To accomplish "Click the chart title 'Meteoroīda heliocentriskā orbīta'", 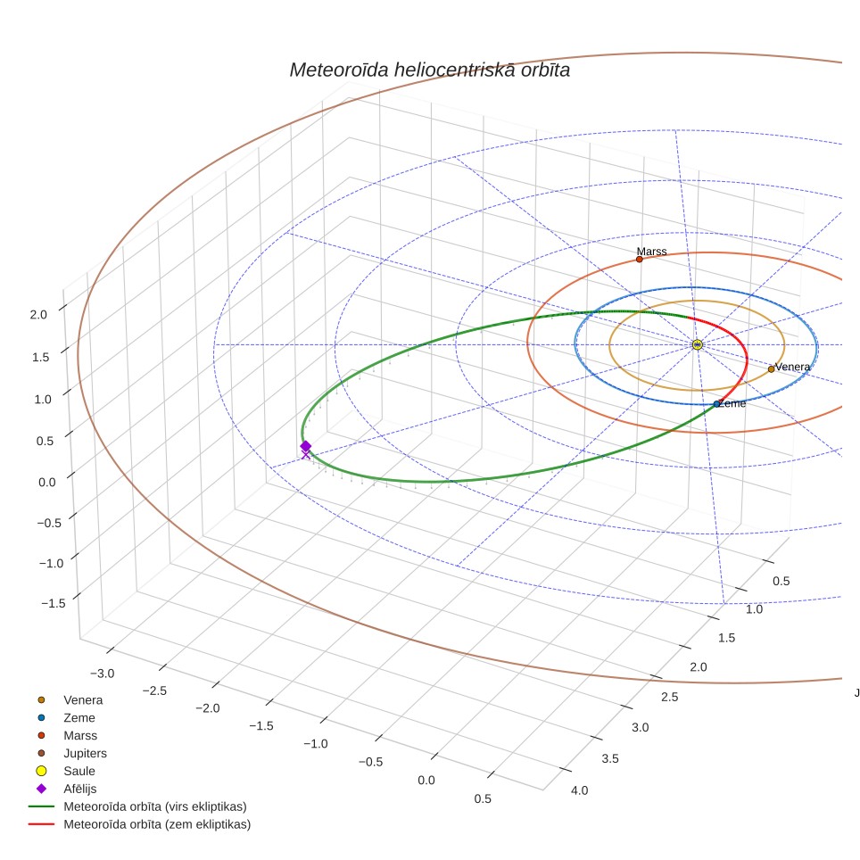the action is point(429,70).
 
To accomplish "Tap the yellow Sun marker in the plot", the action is point(697,344).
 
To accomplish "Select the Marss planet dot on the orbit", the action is point(639,259).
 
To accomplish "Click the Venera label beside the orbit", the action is point(792,367).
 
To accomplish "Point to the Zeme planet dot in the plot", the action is point(716,403).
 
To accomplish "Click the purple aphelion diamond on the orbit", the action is point(305,446).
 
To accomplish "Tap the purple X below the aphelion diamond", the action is point(305,455).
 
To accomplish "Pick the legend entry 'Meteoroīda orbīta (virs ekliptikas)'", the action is point(137,806).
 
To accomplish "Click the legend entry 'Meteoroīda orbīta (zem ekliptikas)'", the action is point(140,824).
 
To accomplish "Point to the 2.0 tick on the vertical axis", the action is point(38,315).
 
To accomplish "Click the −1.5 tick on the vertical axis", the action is point(54,603).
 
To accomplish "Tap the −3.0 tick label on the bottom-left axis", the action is point(102,674).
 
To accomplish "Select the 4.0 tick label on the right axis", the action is point(579,790).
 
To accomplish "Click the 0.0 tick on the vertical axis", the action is point(47,482).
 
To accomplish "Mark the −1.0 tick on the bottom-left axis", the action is point(316,744).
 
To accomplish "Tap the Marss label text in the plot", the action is point(651,252).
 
